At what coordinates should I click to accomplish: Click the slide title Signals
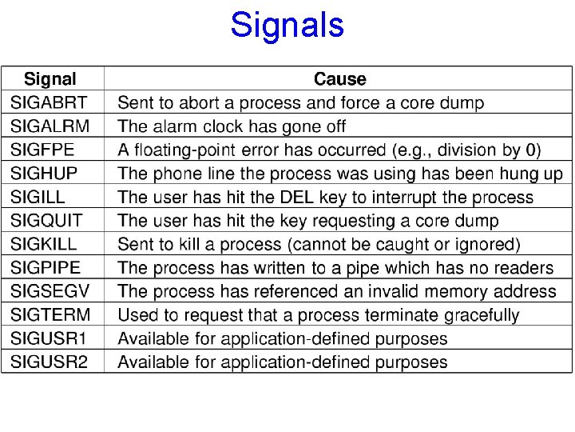pyautogui.click(x=287, y=25)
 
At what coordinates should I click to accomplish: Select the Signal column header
pyautogui.click(x=50, y=79)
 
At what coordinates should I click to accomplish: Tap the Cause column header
pyautogui.click(x=339, y=79)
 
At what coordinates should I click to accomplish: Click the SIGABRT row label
pyautogui.click(x=49, y=102)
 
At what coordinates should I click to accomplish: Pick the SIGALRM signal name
pyautogui.click(x=50, y=126)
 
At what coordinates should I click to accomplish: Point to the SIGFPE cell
pyautogui.click(x=45, y=150)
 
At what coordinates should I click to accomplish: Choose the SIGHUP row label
pyautogui.click(x=44, y=174)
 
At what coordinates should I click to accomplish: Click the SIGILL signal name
pyautogui.click(x=38, y=197)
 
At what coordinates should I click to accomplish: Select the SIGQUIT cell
pyautogui.click(x=47, y=220)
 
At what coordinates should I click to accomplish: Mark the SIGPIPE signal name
pyautogui.click(x=46, y=268)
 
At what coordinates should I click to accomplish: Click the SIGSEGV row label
pyautogui.click(x=50, y=291)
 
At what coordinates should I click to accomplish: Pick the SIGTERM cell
pyautogui.click(x=50, y=315)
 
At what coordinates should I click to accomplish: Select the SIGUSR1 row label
pyautogui.click(x=49, y=338)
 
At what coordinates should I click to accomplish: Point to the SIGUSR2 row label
pyautogui.click(x=49, y=362)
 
